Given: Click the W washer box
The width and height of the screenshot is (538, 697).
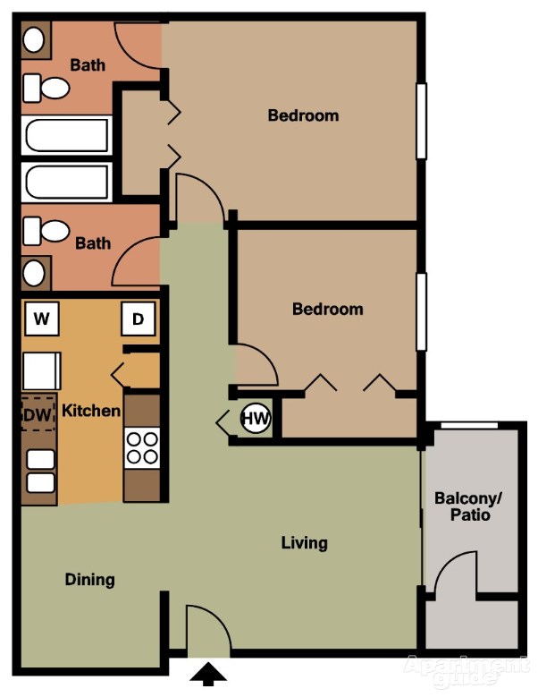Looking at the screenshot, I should [x=41, y=318].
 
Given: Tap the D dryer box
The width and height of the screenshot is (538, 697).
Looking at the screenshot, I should [x=138, y=318].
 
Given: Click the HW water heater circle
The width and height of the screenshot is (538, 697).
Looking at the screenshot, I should [x=256, y=418].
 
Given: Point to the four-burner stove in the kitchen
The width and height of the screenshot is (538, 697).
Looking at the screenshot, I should [x=141, y=447].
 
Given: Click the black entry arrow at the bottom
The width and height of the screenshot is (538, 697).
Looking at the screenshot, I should [x=208, y=674].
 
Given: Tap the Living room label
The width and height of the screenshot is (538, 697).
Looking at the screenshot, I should [x=304, y=543].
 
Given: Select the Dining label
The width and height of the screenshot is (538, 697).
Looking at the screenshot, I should [x=89, y=580].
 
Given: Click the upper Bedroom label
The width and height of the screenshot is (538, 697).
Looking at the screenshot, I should [x=303, y=115].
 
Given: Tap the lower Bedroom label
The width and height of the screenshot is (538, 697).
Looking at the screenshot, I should [x=328, y=310].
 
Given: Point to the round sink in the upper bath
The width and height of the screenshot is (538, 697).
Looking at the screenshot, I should [x=35, y=39].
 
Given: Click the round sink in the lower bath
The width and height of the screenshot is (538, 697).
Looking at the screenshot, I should [x=36, y=272].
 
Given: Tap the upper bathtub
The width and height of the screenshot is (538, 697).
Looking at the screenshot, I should [x=67, y=136].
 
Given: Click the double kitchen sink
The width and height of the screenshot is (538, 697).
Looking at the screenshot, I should [x=40, y=472].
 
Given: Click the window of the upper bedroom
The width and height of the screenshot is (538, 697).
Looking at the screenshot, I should [x=421, y=121].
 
